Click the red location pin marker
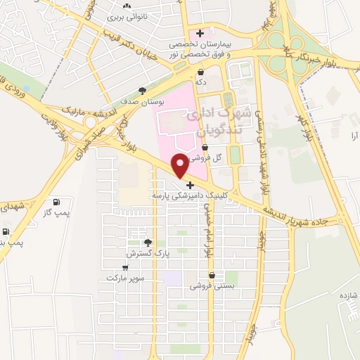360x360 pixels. pyautogui.click(x=180, y=165)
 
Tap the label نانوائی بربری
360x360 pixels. pyautogui.click(x=130, y=14)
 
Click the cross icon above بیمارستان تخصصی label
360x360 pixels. pyautogui.click(x=201, y=32)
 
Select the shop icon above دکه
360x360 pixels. pyautogui.click(x=201, y=72)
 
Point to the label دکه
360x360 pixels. pyautogui.click(x=201, y=83)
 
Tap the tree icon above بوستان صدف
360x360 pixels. pyautogui.click(x=143, y=91)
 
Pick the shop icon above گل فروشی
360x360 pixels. pyautogui.click(x=205, y=148)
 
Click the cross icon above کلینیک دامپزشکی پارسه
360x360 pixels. pyautogui.click(x=190, y=185)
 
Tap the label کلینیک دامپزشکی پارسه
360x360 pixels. pyautogui.click(x=181, y=195)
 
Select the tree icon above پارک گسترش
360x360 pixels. pyautogui.click(x=148, y=243)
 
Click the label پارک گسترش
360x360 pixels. pyautogui.click(x=145, y=252)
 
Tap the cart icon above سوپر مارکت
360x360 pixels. pyautogui.click(x=125, y=267)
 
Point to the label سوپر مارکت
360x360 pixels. pyautogui.click(x=125, y=278)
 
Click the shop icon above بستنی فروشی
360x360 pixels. pyautogui.click(x=211, y=275)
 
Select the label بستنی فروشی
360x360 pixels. pyautogui.click(x=210, y=286)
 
